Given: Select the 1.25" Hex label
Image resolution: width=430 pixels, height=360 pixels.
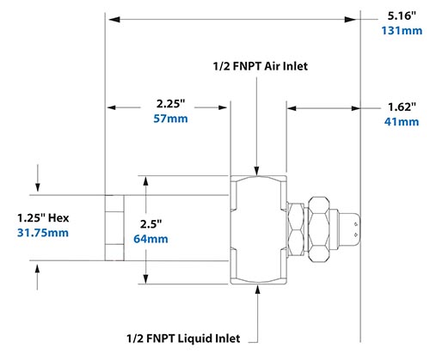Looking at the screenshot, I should (x=41, y=217).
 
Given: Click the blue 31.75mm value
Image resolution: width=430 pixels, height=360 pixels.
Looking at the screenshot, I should (x=42, y=232).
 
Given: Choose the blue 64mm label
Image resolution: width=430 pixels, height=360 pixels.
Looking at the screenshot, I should (x=152, y=238).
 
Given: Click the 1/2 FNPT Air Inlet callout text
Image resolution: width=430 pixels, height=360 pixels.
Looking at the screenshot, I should (x=260, y=64).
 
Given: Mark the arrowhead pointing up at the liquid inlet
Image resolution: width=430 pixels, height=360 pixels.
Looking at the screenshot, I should (x=260, y=290).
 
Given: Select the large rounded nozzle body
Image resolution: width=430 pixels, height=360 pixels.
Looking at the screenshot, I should (x=259, y=228).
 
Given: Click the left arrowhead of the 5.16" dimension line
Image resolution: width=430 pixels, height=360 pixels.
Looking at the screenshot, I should (x=110, y=16).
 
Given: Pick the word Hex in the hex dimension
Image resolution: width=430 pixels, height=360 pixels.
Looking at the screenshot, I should (x=58, y=217).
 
